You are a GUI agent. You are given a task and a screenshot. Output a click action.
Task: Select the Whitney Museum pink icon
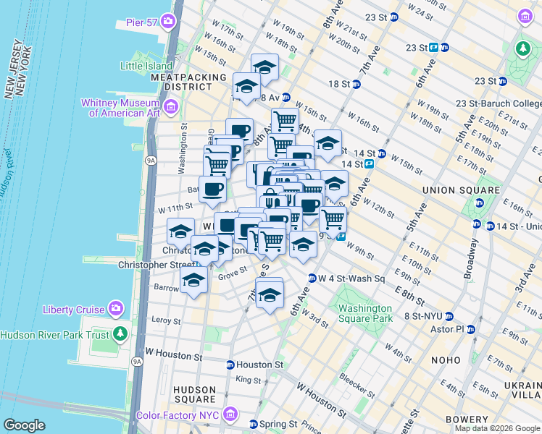click(171, 108)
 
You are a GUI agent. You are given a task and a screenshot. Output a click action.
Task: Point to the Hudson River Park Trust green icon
click(120, 334)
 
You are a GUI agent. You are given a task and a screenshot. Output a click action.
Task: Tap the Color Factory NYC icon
click(230, 414)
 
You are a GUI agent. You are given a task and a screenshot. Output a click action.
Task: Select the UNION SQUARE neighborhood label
click(463, 190)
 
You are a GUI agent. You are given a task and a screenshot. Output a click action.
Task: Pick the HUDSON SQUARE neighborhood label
click(194, 393)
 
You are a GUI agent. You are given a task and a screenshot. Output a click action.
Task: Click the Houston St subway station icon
click(230, 365)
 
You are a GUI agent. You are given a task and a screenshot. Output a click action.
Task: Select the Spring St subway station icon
click(254, 424)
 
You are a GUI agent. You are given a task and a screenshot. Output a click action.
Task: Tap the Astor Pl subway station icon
click(470, 329)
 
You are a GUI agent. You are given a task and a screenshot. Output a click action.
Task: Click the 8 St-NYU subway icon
click(449, 316)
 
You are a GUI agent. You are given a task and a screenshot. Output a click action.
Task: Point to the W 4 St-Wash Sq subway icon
click(312, 278)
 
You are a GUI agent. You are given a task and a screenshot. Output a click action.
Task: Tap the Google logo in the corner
click(25, 425)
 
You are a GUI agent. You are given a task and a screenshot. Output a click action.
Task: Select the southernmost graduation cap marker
click(270, 295)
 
